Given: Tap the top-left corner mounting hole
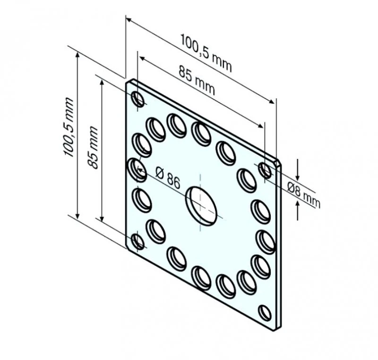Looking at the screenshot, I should click(x=138, y=99).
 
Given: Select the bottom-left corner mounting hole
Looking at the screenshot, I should click(x=137, y=241).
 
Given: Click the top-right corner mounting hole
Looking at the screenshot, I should click(x=266, y=170).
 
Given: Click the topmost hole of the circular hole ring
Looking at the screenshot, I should click(x=201, y=133).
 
